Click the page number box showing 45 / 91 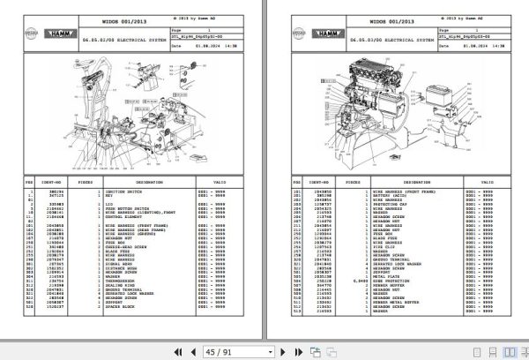215,350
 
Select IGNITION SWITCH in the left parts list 111,190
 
